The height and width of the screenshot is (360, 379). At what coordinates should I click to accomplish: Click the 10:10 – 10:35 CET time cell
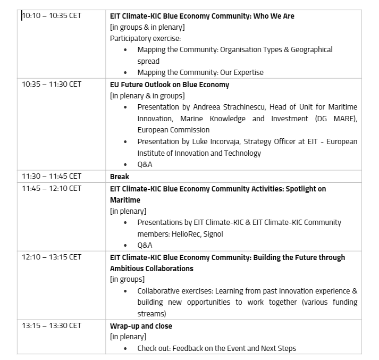pyautogui.click(x=52, y=15)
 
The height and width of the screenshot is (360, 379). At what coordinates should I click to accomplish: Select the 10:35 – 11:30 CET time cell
pyautogui.click(x=52, y=84)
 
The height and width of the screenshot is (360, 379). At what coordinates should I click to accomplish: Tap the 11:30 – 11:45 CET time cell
pyautogui.click(x=52, y=176)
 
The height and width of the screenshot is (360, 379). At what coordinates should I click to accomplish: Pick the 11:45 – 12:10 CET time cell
pyautogui.click(x=52, y=188)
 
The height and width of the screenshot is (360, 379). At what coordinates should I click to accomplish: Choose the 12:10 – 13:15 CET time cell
pyautogui.click(x=52, y=257)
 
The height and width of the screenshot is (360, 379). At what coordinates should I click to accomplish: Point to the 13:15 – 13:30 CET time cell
pyautogui.click(x=52, y=325)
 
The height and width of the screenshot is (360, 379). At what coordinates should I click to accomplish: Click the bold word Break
pyautogui.click(x=120, y=177)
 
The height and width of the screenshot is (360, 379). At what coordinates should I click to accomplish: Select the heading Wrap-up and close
pyautogui.click(x=141, y=326)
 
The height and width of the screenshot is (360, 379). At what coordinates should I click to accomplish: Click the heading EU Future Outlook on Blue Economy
pyautogui.click(x=170, y=85)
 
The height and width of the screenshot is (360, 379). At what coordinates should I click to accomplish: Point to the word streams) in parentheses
pyautogui.click(x=151, y=314)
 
